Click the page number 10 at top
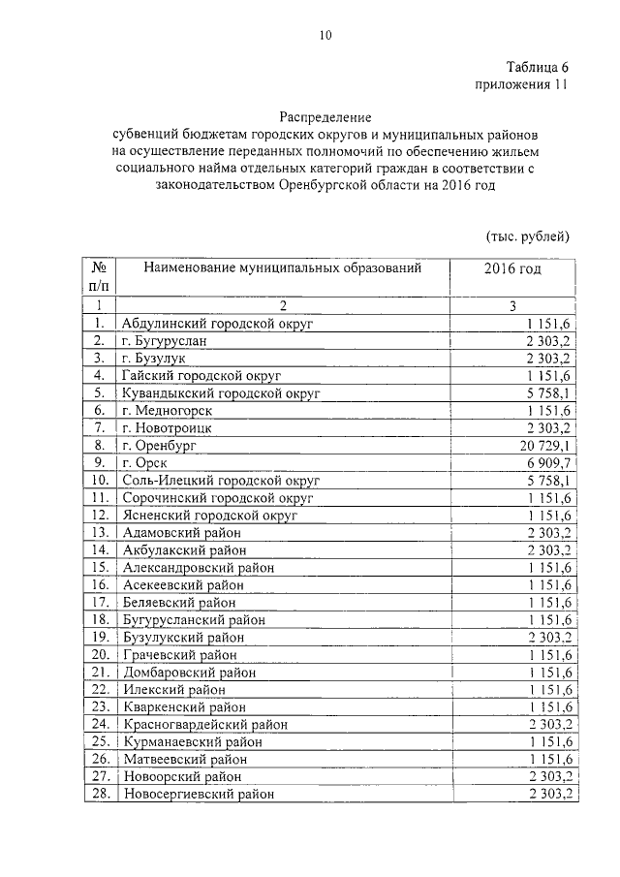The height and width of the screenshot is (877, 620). click(x=325, y=36)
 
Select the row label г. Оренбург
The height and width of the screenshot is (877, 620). click(x=160, y=445)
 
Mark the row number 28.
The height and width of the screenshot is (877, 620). click(x=98, y=794)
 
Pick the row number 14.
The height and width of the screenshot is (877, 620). click(x=98, y=549)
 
